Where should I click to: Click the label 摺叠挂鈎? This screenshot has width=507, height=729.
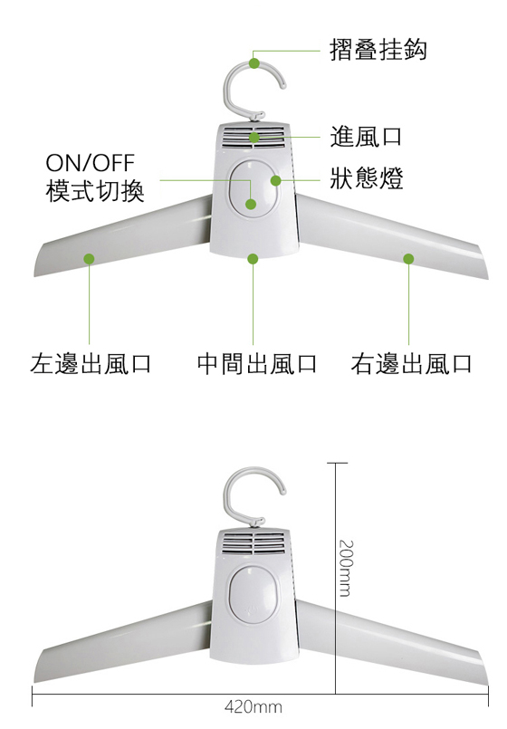tap(378, 50)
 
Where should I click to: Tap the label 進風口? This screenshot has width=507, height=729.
tap(366, 137)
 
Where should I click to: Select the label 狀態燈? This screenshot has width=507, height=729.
tap(366, 178)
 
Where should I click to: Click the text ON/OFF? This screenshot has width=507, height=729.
tap(91, 163)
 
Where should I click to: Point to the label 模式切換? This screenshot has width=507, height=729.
tap(95, 190)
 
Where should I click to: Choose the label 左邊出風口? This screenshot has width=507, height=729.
tap(91, 363)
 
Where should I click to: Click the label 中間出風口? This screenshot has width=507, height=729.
tap(256, 363)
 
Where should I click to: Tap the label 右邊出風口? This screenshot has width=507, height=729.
tap(411, 363)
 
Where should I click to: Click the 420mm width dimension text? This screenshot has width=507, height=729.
tap(253, 707)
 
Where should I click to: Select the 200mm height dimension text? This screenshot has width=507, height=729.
tap(346, 568)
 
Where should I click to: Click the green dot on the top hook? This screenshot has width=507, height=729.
tap(254, 62)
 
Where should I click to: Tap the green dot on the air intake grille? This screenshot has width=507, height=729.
tap(253, 138)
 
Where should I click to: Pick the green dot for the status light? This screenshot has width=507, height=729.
tap(275, 180)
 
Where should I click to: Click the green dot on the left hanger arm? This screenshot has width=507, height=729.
tap(89, 258)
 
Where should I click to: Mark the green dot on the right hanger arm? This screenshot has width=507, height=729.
tap(408, 258)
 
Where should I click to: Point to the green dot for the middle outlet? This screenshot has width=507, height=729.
tap(253, 258)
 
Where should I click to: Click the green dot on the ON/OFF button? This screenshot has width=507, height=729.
tap(251, 204)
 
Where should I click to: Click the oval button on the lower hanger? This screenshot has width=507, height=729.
tap(253, 595)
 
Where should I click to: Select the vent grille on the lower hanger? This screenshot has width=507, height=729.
tap(253, 544)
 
